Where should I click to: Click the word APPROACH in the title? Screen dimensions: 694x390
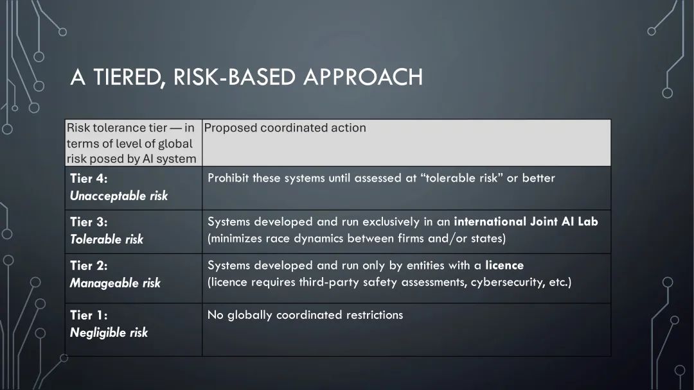coord(363,77)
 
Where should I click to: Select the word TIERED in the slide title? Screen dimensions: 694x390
coord(127,78)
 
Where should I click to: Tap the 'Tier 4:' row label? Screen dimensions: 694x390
coord(89,178)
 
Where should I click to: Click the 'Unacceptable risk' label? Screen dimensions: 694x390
coord(119,196)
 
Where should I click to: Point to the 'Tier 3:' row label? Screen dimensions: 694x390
coord(89,222)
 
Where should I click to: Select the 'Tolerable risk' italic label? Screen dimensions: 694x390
coord(107,239)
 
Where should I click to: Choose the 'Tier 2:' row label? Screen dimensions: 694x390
coord(89,266)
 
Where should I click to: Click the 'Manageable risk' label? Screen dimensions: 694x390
coord(115,283)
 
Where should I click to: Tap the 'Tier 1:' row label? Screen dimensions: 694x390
coord(89,315)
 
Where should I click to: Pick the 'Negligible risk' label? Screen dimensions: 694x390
coord(109,332)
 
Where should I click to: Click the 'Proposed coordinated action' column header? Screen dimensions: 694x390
coord(285,128)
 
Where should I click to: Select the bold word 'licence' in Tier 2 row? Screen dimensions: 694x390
coord(504,265)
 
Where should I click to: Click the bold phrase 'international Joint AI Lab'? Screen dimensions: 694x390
coord(526,221)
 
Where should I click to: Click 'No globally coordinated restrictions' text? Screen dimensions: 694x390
coord(305,315)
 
